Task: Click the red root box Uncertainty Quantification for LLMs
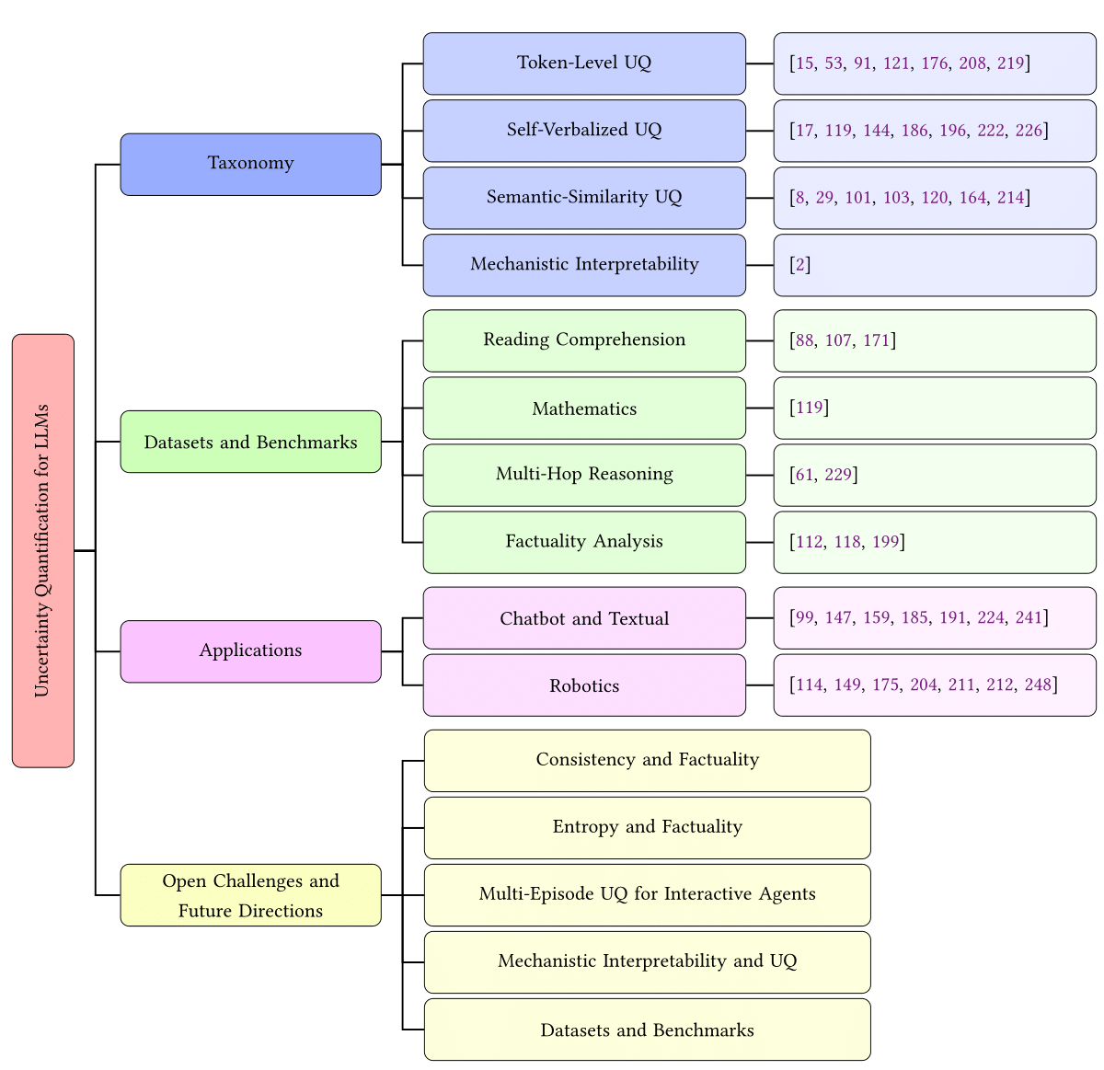pyautogui.click(x=42, y=550)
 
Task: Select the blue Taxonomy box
pyautogui.click(x=250, y=164)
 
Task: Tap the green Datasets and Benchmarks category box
pyautogui.click(x=250, y=442)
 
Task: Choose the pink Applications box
pyautogui.click(x=250, y=650)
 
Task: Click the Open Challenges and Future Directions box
pyautogui.click(x=250, y=894)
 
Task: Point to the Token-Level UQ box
pyautogui.click(x=584, y=63)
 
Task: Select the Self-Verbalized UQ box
pyautogui.click(x=584, y=131)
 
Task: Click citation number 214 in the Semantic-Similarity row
pyautogui.click(x=1010, y=198)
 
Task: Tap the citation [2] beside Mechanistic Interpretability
pyautogui.click(x=800, y=265)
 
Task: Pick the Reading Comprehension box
pyautogui.click(x=584, y=340)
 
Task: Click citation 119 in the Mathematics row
pyautogui.click(x=810, y=408)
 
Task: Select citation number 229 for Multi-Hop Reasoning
pyautogui.click(x=838, y=475)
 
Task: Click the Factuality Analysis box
pyautogui.click(x=584, y=542)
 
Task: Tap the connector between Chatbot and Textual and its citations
pyautogui.click(x=760, y=618)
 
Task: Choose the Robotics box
pyautogui.click(x=584, y=685)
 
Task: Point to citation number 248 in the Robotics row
pyautogui.click(x=1038, y=685)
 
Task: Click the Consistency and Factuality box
pyautogui.click(x=647, y=760)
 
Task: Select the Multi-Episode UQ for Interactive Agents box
pyautogui.click(x=647, y=894)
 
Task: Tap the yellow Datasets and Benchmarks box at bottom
pyautogui.click(x=647, y=1030)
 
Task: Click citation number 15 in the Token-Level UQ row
pyautogui.click(x=805, y=63)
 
